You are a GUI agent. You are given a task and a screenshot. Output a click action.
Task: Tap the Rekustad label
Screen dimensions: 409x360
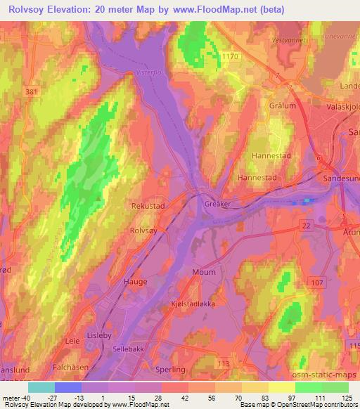coord(148,207)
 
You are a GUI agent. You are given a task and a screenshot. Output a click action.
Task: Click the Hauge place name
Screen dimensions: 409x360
coord(136,282)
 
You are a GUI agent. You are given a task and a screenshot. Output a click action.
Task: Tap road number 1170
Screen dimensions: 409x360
coord(230,56)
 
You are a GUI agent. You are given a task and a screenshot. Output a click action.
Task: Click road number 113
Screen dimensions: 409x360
coord(224,363)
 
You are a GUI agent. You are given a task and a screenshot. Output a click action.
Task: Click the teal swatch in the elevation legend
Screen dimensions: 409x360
coord(41,387)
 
